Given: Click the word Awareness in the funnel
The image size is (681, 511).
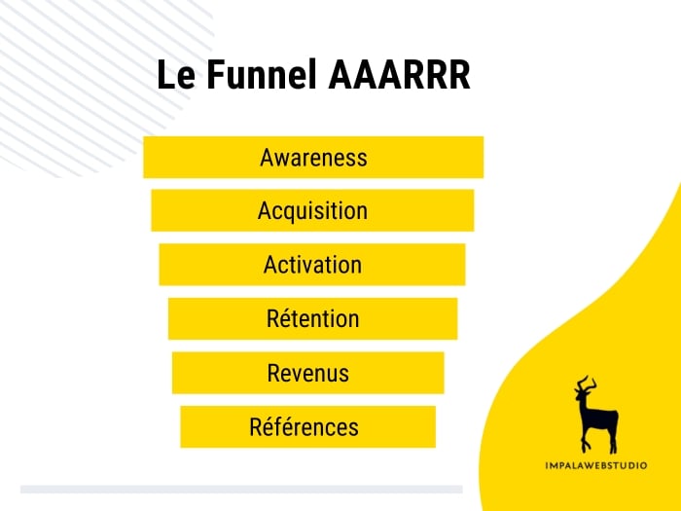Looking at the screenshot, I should [313, 157].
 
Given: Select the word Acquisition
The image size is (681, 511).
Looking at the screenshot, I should [312, 210].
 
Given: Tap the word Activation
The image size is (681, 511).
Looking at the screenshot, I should [312, 265].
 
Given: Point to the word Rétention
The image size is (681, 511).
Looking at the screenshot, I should [312, 318].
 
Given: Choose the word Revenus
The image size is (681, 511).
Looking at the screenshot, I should [307, 373].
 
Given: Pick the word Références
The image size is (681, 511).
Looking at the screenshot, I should [304, 426].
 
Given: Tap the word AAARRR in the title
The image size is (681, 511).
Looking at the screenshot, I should [399, 77].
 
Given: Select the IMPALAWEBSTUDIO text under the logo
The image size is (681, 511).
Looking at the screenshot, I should [595, 464].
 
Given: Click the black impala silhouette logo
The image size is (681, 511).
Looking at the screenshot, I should [596, 414].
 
